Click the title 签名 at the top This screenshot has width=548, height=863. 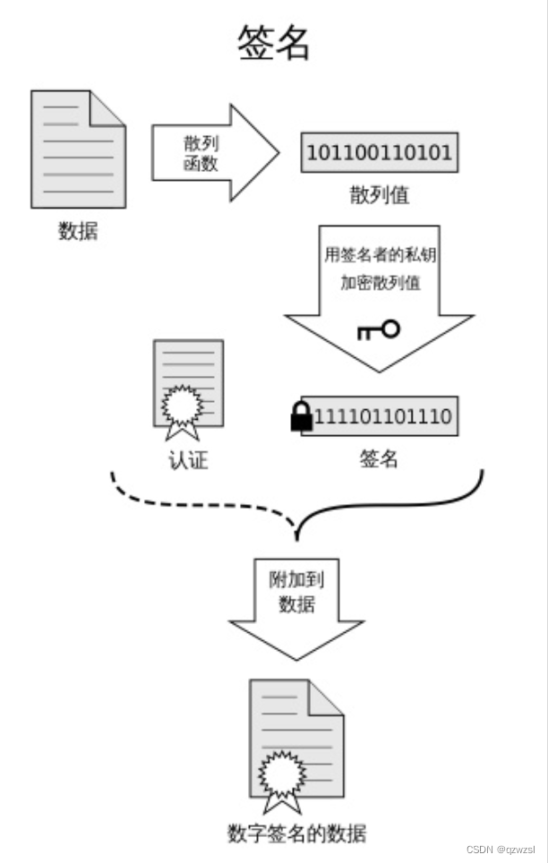coord(274,42)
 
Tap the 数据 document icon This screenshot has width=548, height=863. coord(78,149)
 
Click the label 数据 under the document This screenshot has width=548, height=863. coord(78,231)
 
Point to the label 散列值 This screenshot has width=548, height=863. coord(380,194)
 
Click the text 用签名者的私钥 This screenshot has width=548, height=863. coord(380,253)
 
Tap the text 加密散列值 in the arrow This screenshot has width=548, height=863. coord(380,282)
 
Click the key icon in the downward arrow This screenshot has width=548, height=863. coord(379,330)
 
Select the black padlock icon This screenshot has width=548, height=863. coord(302,417)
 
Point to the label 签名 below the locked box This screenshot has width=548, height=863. coord(379,459)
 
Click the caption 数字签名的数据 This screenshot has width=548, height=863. coord(296,833)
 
